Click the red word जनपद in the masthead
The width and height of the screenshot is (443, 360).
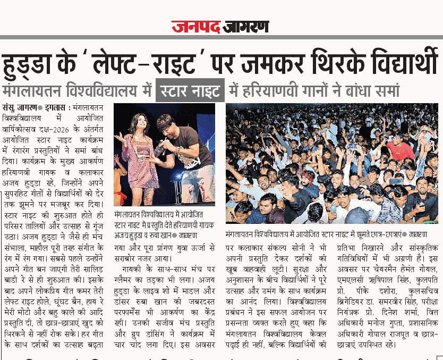(x=195, y=26)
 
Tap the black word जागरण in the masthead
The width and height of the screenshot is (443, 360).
(x=246, y=26)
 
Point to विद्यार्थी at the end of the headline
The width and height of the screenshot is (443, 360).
(x=402, y=62)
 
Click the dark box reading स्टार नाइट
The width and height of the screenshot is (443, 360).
(x=190, y=90)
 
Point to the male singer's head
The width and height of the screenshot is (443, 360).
(x=165, y=125)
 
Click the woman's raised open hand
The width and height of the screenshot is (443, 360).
(x=118, y=139)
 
